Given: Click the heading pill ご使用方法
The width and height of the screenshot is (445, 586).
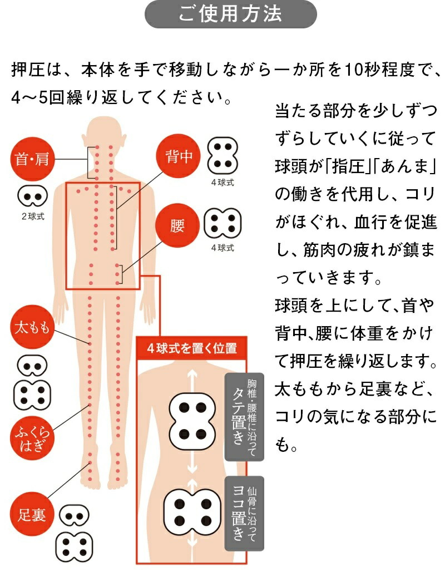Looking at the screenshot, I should coord(230,15).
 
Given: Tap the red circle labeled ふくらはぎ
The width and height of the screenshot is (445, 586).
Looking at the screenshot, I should coord(32,438).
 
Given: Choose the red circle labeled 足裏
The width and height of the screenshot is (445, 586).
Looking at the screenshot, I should coord(32,515).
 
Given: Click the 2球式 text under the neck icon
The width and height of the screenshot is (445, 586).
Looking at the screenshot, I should coord(32,216).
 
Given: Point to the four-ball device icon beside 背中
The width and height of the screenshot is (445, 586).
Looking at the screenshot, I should coord(222,156).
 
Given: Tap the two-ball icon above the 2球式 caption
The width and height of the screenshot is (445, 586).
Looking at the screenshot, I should coord(32,195).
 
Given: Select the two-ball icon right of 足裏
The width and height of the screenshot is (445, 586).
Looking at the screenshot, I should coord(74,516).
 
